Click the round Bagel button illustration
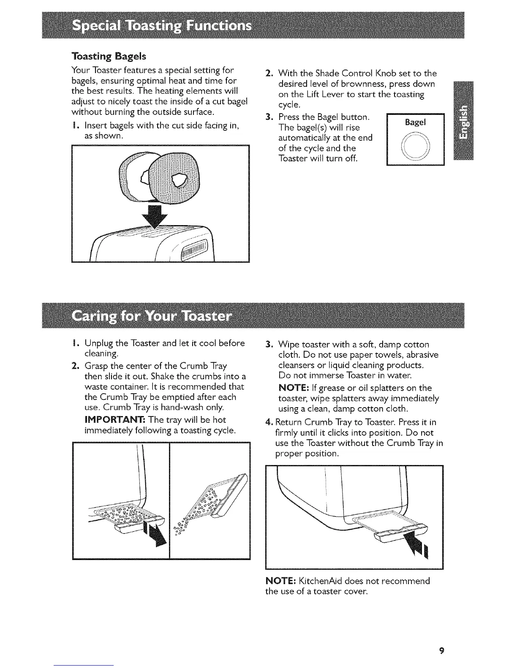click(x=416, y=144)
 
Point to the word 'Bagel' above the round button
click(x=416, y=122)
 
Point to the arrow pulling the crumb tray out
click(x=153, y=533)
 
